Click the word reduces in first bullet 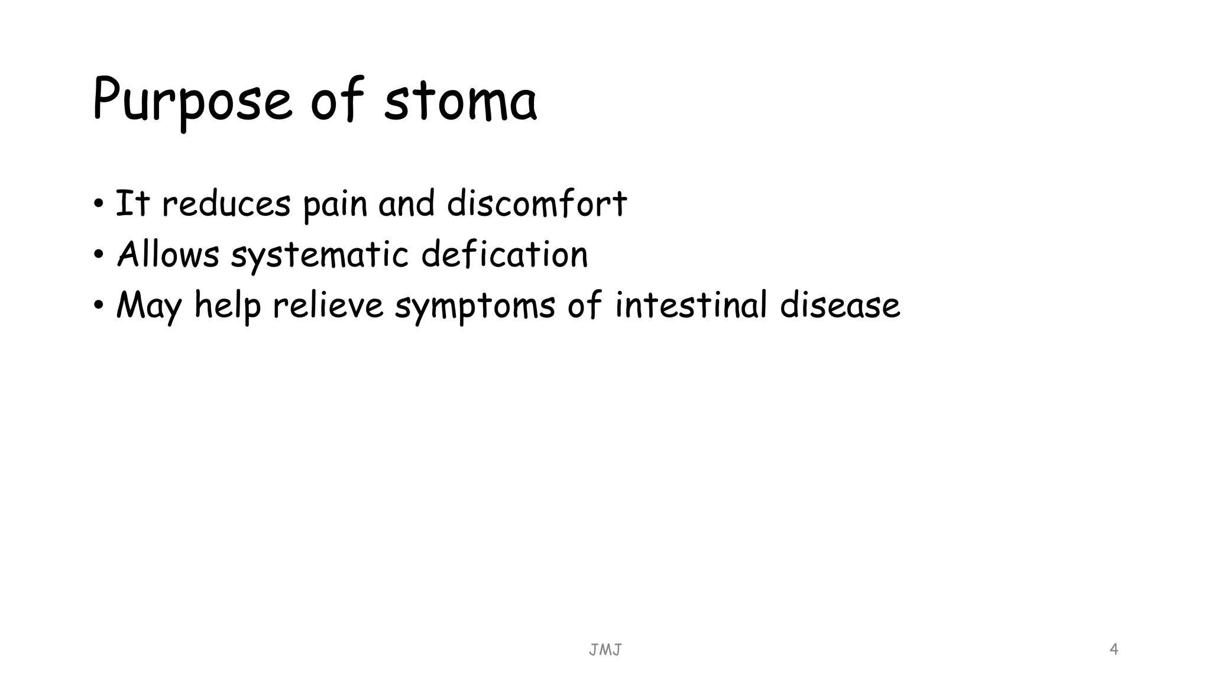pyautogui.click(x=226, y=204)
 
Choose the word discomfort pyautogui.click(x=536, y=204)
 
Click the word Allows pyautogui.click(x=168, y=255)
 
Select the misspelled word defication pyautogui.click(x=504, y=255)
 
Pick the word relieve pyautogui.click(x=328, y=306)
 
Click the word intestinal pyautogui.click(x=691, y=306)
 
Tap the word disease pyautogui.click(x=840, y=306)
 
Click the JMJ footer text pyautogui.click(x=605, y=650)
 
